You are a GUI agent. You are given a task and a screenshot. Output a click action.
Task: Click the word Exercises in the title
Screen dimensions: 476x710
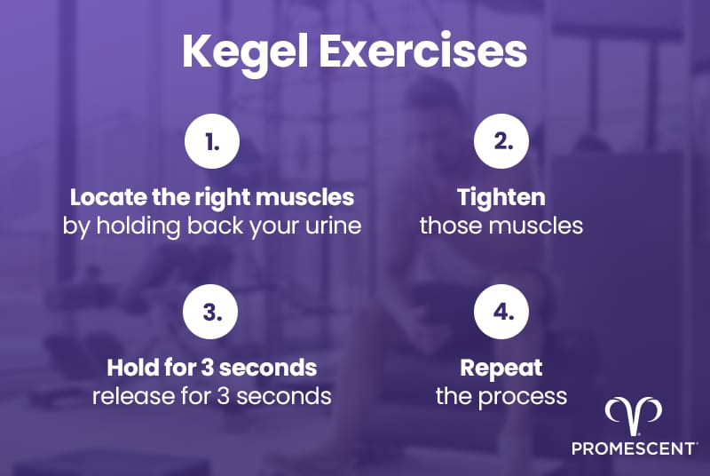[423, 52]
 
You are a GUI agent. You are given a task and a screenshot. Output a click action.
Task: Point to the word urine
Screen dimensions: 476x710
[333, 225]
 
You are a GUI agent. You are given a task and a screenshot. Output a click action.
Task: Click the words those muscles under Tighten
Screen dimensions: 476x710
[501, 225]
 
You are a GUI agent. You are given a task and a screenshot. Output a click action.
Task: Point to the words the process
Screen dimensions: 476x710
[501, 395]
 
